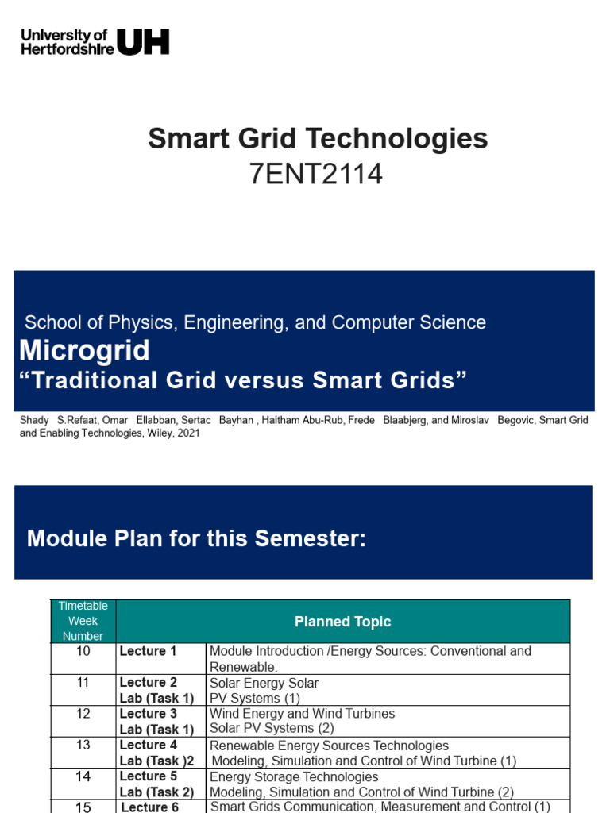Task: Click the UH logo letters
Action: click(x=144, y=41)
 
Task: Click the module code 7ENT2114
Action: click(x=316, y=174)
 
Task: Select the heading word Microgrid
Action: click(x=84, y=350)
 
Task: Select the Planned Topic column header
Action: click(x=342, y=622)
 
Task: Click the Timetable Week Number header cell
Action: click(x=83, y=621)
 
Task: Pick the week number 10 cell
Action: click(x=83, y=651)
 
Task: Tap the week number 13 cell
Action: click(x=83, y=745)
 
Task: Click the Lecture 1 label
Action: click(x=148, y=651)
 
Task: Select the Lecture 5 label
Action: click(x=148, y=776)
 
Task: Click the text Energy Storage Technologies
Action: click(x=294, y=776)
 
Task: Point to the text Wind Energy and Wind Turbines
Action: click(x=302, y=713)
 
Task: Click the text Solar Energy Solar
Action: click(x=264, y=683)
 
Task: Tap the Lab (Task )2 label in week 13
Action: click(x=156, y=761)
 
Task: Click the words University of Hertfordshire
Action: click(x=67, y=41)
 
